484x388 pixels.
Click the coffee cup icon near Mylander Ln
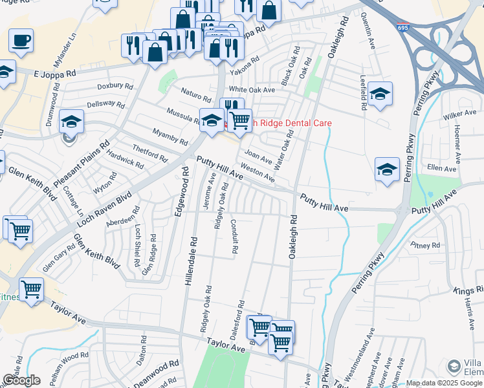(x=21, y=40)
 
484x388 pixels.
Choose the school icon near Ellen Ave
(x=387, y=169)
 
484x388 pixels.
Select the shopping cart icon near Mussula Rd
(x=239, y=120)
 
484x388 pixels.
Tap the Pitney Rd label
(x=425, y=246)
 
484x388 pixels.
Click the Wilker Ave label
(x=460, y=114)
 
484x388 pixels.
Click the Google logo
(x=21, y=380)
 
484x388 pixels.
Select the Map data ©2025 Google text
(x=444, y=383)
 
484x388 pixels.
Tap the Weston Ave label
(x=258, y=175)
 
